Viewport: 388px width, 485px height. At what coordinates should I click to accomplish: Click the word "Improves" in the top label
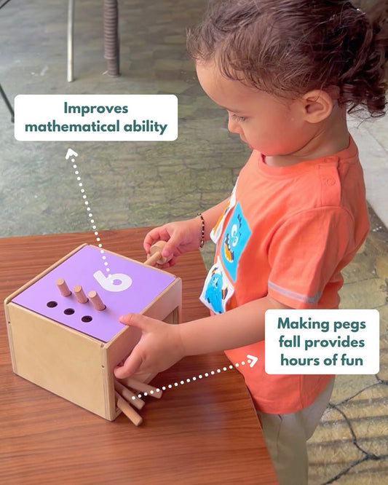pyautogui.click(x=95, y=109)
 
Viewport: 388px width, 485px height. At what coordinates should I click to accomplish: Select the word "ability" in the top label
pyautogui.click(x=149, y=127)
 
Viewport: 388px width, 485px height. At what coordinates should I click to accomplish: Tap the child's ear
pyautogui.click(x=318, y=106)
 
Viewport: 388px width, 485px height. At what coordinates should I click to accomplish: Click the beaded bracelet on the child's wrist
pyautogui.click(x=201, y=229)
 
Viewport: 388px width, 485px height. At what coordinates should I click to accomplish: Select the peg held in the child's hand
pyautogui.click(x=156, y=254)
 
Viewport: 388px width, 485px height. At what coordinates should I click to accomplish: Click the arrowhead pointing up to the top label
pyautogui.click(x=71, y=153)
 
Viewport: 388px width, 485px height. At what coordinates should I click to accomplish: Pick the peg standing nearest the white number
pyautogui.click(x=96, y=299)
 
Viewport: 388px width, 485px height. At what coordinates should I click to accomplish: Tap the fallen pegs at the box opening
pyautogui.click(x=128, y=401)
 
